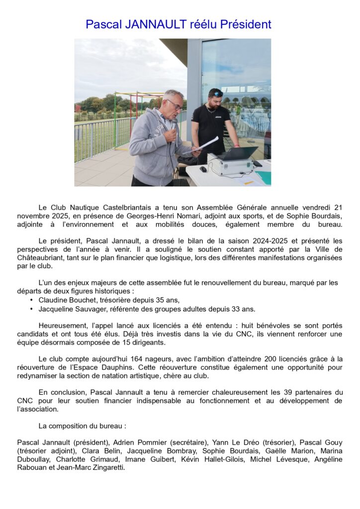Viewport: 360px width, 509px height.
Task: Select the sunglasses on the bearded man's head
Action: coord(216,93)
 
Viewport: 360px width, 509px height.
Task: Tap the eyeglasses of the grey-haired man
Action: coord(174,104)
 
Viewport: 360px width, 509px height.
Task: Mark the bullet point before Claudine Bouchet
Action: coord(32,300)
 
